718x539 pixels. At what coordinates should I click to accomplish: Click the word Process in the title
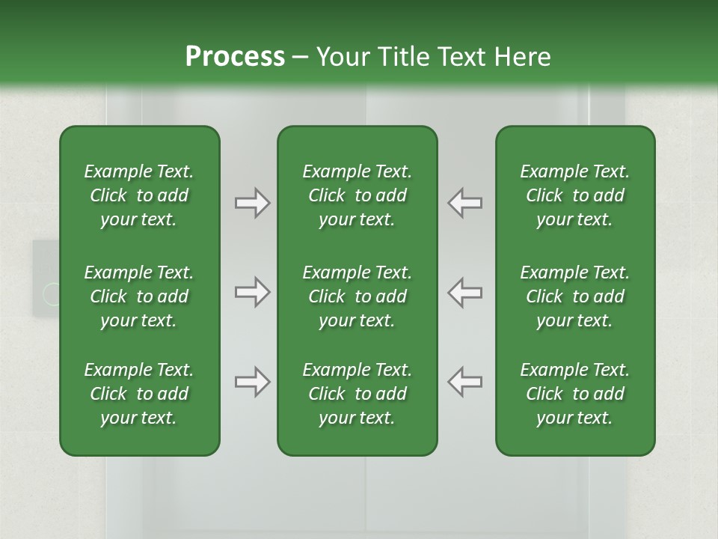click(234, 57)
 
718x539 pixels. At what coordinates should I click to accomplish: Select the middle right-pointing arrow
click(252, 293)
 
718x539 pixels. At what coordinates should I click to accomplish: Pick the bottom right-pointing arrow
click(252, 383)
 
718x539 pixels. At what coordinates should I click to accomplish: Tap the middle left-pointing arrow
click(465, 293)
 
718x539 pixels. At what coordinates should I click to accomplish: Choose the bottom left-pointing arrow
click(465, 383)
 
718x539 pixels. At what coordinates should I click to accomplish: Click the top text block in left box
click(139, 195)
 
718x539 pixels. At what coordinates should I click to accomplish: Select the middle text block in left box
click(139, 296)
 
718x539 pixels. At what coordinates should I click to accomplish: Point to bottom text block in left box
click(139, 394)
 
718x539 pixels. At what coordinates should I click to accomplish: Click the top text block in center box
click(357, 195)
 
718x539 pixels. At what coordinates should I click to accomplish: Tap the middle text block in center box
click(357, 296)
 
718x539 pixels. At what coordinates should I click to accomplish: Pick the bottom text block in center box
click(357, 394)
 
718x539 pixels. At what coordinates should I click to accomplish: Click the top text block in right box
click(574, 195)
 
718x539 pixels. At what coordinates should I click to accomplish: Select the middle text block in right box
click(574, 296)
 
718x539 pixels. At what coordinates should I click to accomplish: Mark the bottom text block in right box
click(574, 394)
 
